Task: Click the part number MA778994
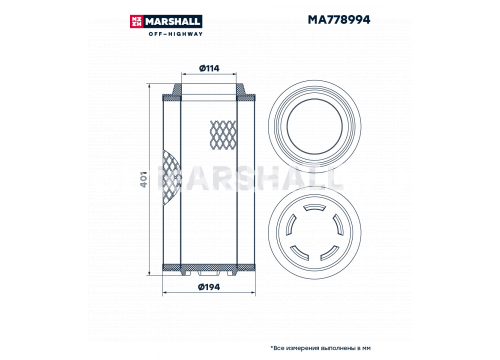(339, 20)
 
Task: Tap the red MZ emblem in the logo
(137, 22)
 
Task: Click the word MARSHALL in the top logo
(173, 22)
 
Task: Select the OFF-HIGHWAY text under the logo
(175, 34)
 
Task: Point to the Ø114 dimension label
(209, 68)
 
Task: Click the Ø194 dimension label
(209, 287)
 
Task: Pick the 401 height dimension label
(143, 179)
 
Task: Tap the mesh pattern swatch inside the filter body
(223, 135)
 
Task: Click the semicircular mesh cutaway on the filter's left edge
(171, 179)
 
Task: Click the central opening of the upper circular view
(315, 126)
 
